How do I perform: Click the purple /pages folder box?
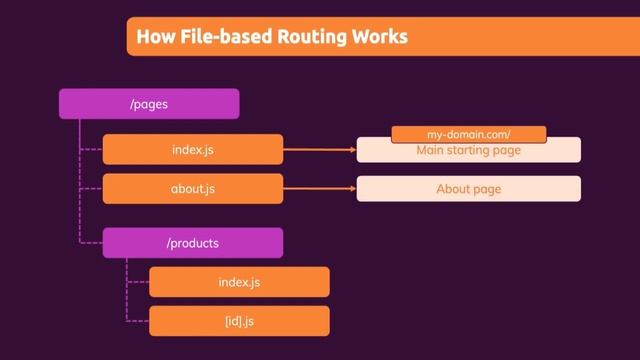click(x=149, y=103)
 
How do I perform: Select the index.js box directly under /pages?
click(x=193, y=150)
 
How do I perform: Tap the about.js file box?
click(x=193, y=188)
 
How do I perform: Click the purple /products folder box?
click(x=193, y=243)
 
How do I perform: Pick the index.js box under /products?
click(x=239, y=282)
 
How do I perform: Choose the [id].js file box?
click(x=239, y=321)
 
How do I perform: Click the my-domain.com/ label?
click(x=468, y=133)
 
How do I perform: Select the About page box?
click(x=468, y=188)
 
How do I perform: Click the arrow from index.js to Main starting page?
click(x=320, y=151)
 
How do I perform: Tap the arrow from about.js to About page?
click(x=320, y=188)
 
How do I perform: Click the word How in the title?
click(x=153, y=37)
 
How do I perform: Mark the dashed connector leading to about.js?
click(x=91, y=188)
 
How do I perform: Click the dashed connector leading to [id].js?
click(x=138, y=321)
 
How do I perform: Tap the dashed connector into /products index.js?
click(x=138, y=282)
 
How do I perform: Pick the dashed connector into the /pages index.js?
click(x=91, y=150)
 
